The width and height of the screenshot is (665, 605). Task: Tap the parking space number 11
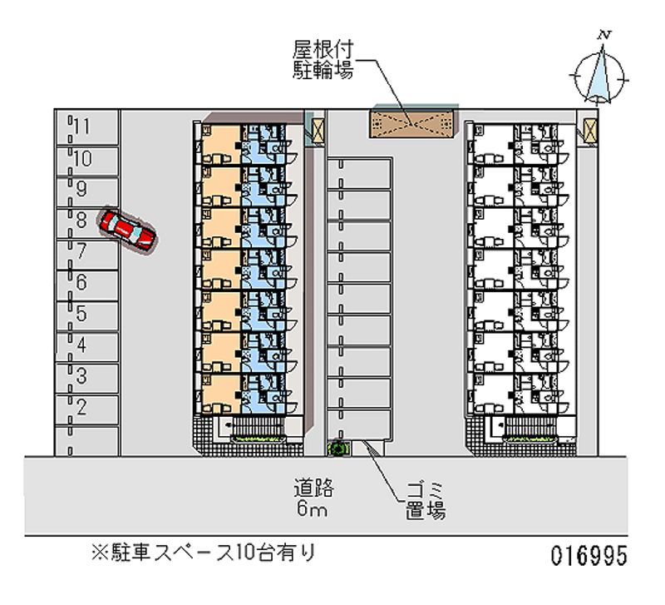point(81,126)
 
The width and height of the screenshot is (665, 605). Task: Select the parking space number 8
point(81,220)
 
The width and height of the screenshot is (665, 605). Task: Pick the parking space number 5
point(81,314)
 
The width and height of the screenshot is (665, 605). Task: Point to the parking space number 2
point(81,407)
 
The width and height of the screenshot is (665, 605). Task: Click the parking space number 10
point(81,158)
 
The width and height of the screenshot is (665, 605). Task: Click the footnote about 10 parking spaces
point(204,552)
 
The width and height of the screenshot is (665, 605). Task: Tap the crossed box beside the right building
point(590,130)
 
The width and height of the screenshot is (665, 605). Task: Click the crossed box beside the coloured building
point(317,129)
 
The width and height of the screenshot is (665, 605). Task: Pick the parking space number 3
point(81,375)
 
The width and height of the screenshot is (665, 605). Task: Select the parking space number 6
point(81,282)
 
